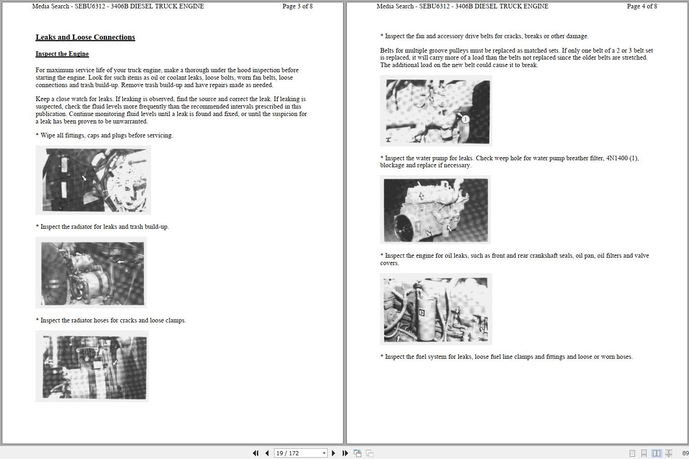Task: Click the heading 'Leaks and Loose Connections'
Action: pyautogui.click(x=85, y=37)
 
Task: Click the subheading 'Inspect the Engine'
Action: pyautogui.click(x=62, y=54)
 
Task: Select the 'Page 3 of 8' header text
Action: pyautogui.click(x=297, y=6)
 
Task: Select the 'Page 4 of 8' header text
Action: pyautogui.click(x=642, y=6)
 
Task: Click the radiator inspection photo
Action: pyautogui.click(x=93, y=180)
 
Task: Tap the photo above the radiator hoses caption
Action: pyautogui.click(x=91, y=273)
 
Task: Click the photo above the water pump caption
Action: pyautogui.click(x=436, y=110)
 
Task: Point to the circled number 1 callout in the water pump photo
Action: pyautogui.click(x=465, y=119)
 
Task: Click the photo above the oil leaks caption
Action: pyautogui.click(x=435, y=210)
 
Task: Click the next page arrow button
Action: pyautogui.click(x=333, y=453)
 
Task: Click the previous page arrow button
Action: pyautogui.click(x=267, y=453)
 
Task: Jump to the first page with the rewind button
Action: pyautogui.click(x=255, y=453)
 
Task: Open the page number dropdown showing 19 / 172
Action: pyautogui.click(x=324, y=453)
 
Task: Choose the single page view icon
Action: pyautogui.click(x=632, y=453)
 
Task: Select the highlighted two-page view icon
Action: pyautogui.click(x=656, y=453)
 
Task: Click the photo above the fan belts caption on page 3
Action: pyautogui.click(x=92, y=366)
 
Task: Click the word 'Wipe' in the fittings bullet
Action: pyautogui.click(x=48, y=136)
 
